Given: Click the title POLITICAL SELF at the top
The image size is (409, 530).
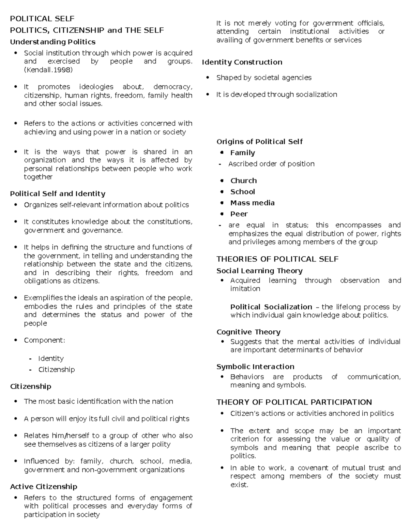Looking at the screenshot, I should point(42,18).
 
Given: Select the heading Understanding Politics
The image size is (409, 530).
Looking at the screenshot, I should point(52,42).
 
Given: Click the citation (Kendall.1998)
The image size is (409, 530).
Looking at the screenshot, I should point(48,70).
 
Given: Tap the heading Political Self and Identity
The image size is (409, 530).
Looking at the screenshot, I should point(58,194).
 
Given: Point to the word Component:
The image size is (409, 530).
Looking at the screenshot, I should point(44,340).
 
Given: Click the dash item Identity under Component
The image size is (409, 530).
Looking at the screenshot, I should point(51,358).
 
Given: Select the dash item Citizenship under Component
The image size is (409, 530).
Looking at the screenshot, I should point(56,370).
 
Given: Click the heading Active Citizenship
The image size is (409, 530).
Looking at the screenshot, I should point(44,487).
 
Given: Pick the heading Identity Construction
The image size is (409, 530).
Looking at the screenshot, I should point(242,62).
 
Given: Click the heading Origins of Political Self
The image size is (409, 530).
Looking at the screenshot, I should point(259,142).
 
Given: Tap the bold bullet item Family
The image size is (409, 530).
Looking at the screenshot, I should point(242,153).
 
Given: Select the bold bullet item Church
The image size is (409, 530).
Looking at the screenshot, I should point(243,181).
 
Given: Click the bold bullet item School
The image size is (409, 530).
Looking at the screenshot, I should point(242,192).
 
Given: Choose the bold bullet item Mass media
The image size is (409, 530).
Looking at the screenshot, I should point(252,203).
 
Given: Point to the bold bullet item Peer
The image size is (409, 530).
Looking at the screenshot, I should point(239,214).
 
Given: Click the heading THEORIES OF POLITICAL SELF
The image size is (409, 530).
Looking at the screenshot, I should point(277,259).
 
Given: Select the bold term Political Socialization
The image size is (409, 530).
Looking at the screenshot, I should point(271,307).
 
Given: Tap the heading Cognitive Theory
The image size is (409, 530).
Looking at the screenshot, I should point(248,332).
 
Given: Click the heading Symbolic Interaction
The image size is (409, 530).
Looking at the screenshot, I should point(255,367).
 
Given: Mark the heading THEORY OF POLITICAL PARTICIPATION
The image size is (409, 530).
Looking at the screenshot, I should point(294,402).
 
